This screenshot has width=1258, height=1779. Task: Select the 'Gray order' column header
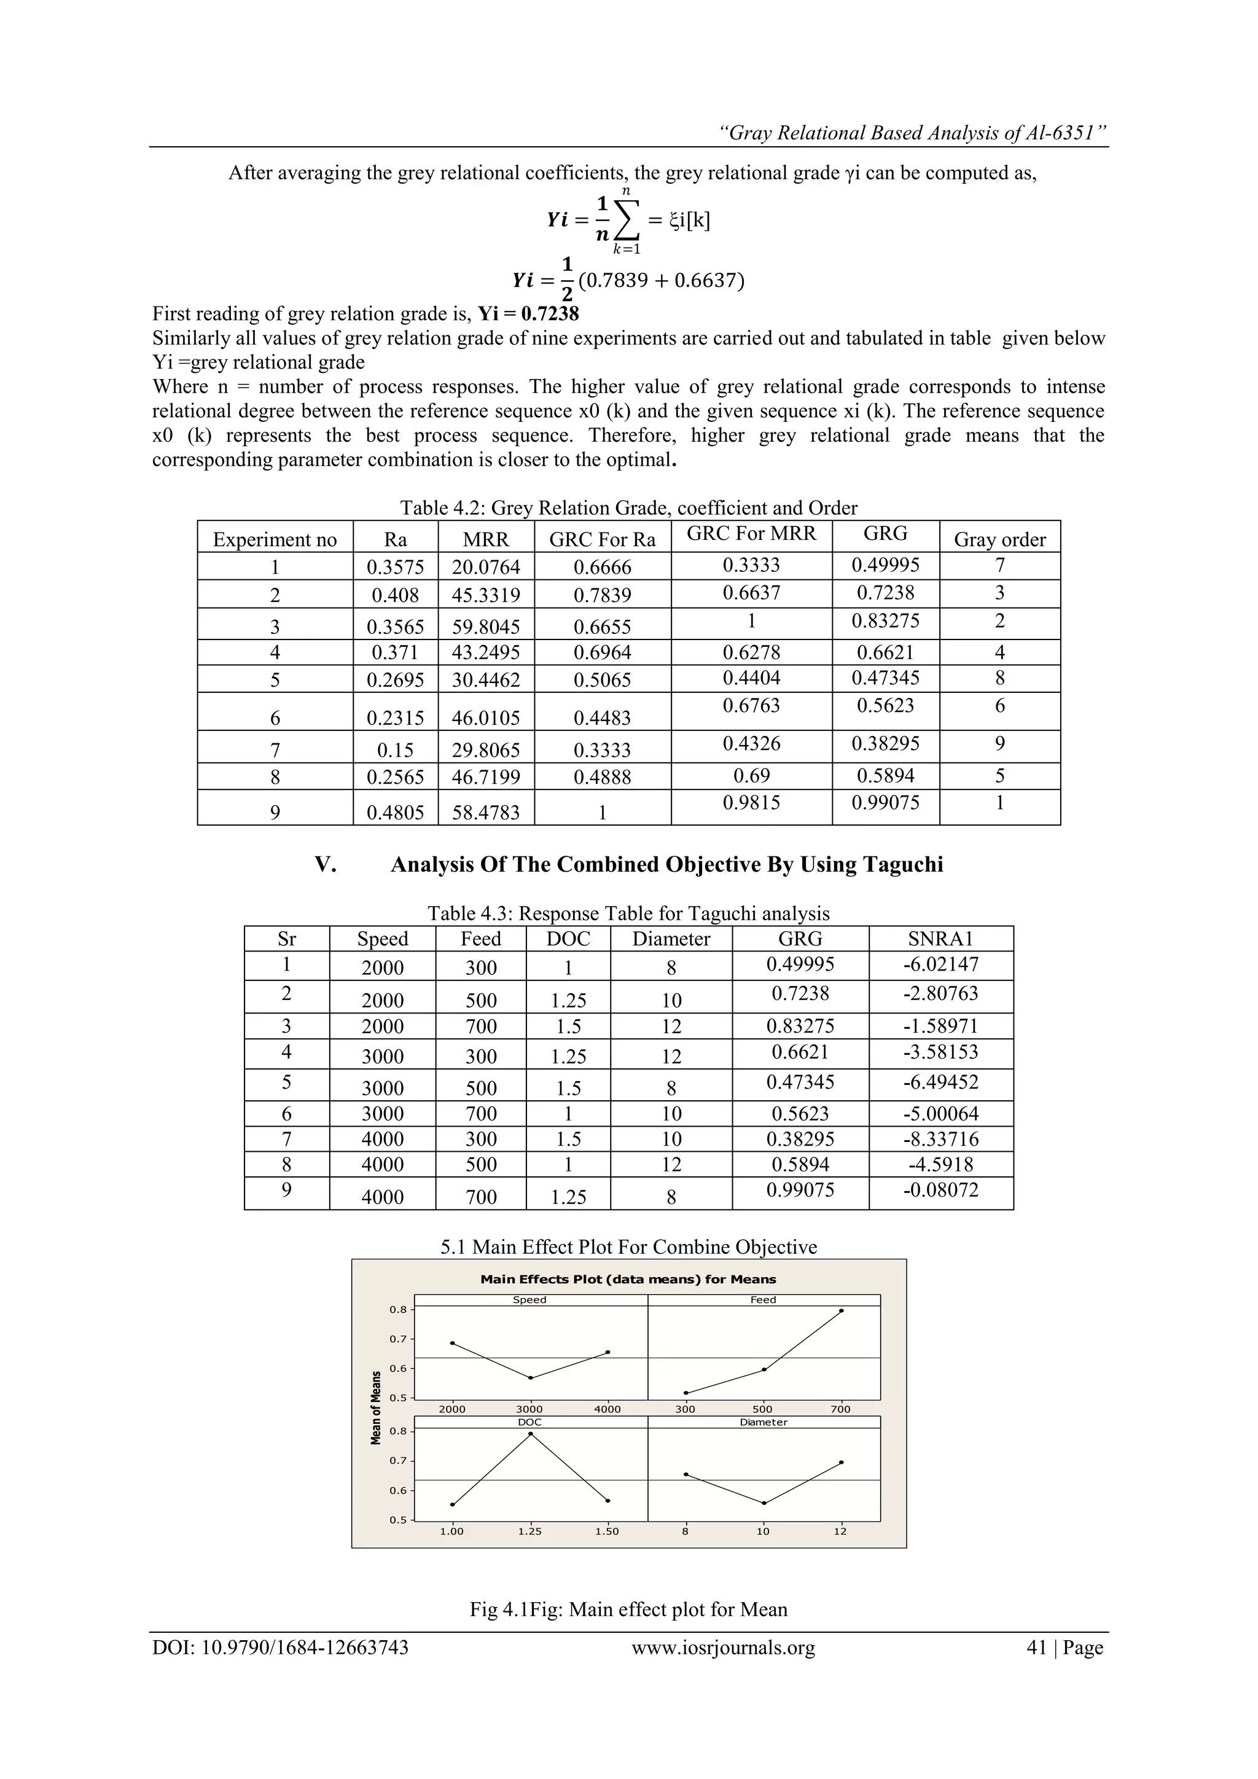tap(999, 539)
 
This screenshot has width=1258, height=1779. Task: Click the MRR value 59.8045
tap(486, 626)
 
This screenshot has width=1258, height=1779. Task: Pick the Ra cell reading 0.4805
tap(395, 812)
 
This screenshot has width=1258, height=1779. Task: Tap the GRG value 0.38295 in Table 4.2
tap(885, 744)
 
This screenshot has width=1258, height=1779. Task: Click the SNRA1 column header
tap(940, 939)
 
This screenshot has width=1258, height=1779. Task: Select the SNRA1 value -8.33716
tap(940, 1139)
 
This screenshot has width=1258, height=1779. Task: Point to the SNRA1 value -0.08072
tap(940, 1189)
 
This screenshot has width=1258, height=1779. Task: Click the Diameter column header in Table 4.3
tap(671, 939)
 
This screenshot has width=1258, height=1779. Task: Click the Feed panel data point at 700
tap(842, 1310)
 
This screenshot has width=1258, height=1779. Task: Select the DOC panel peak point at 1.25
tap(531, 1433)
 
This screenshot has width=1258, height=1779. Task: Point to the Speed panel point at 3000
tap(531, 1378)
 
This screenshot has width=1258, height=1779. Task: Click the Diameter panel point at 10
tap(764, 1503)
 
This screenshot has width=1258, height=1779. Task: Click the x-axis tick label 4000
tap(608, 1409)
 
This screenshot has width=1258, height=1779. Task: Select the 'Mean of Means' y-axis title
tap(377, 1408)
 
